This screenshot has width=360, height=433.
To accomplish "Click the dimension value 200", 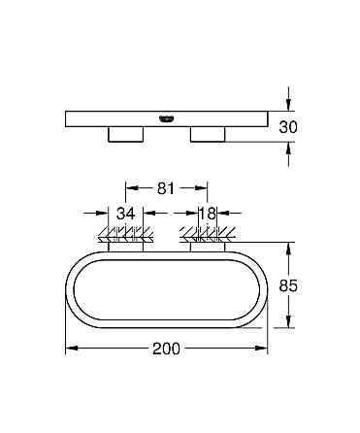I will click(x=166, y=350).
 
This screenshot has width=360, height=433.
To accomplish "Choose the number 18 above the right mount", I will click(x=206, y=213).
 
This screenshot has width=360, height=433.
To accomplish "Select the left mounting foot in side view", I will click(x=124, y=133).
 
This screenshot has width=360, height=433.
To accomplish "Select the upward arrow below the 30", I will click(x=287, y=149).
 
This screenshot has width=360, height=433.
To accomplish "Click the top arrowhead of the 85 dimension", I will click(x=287, y=245).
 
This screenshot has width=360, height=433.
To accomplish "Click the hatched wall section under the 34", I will click(x=124, y=233).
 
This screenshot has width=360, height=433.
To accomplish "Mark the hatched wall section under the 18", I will click(x=206, y=233).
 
